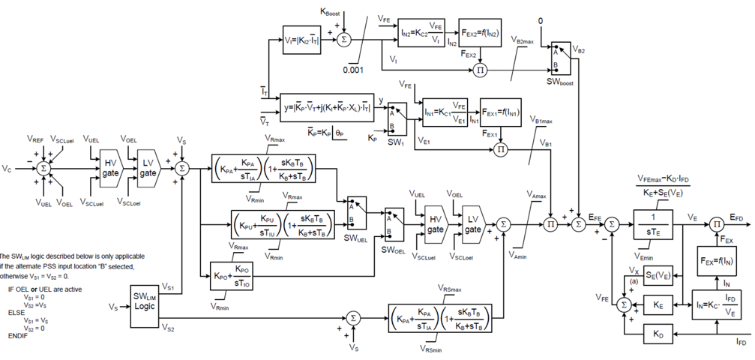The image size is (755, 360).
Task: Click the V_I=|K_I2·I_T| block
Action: pyautogui.click(x=302, y=40)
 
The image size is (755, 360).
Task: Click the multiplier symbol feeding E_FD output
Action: pyautogui.click(x=716, y=223)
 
